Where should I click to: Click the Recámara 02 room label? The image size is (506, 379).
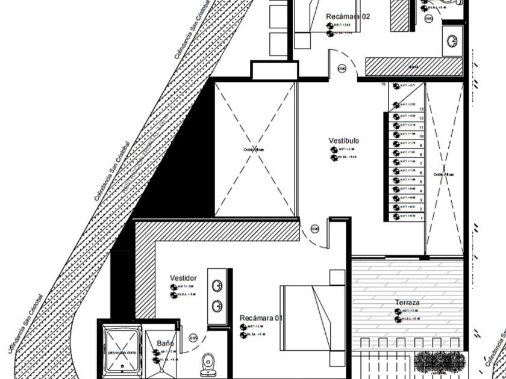[x=348, y=16]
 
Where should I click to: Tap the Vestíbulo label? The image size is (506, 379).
[x=343, y=141]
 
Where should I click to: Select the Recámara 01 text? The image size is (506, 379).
[x=261, y=318]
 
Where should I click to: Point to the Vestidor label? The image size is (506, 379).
[x=183, y=278]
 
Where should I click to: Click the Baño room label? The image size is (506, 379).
[x=165, y=343]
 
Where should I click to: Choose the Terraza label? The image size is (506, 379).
[x=407, y=302]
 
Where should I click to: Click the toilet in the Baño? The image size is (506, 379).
[x=208, y=360]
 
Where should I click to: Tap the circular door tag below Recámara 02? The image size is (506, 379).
[x=342, y=69]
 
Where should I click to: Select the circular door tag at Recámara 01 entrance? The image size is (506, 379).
[x=314, y=229]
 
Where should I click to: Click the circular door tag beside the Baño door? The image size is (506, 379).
[x=193, y=338]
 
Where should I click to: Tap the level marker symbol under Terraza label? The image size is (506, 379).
[x=398, y=312]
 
